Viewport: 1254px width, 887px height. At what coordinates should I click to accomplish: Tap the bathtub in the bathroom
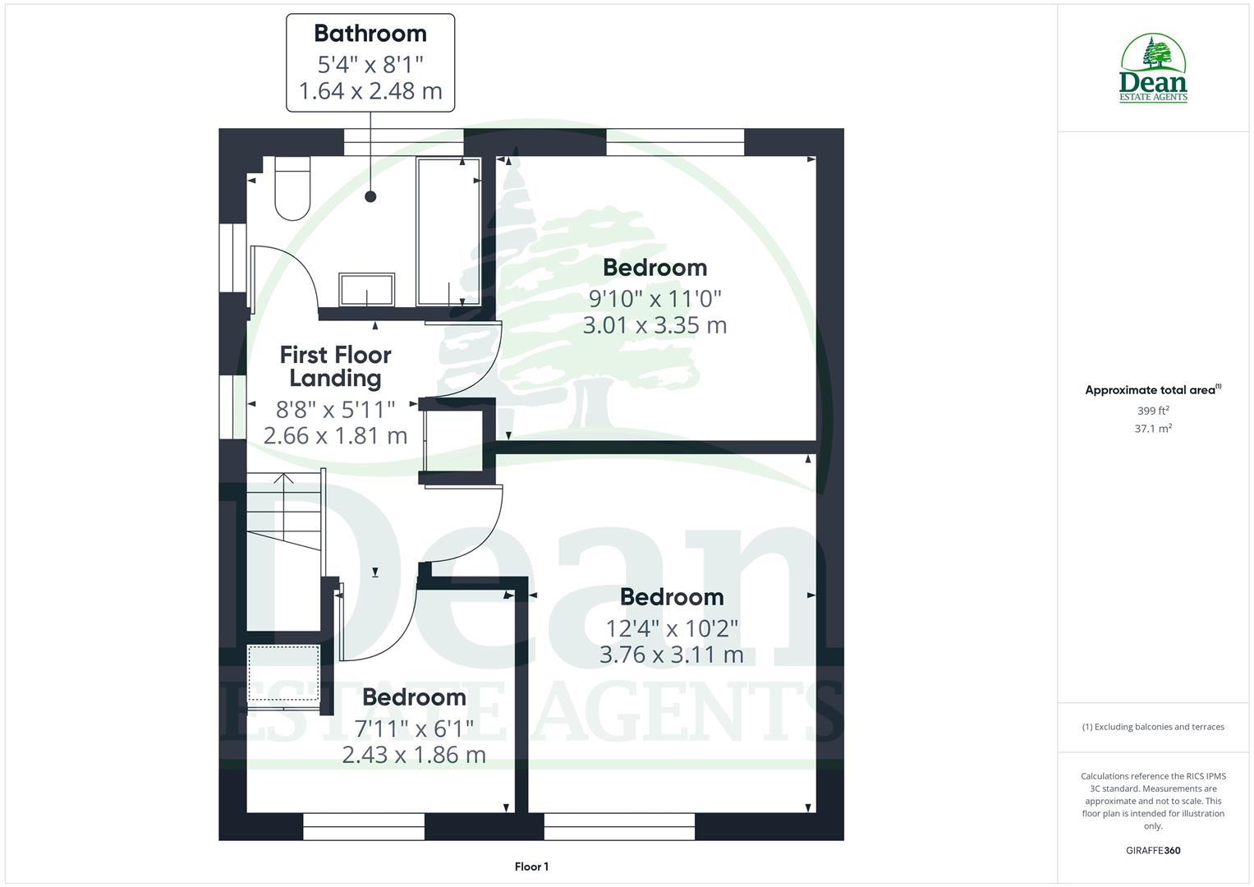tap(448, 232)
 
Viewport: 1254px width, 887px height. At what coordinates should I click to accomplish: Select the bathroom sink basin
tap(367, 290)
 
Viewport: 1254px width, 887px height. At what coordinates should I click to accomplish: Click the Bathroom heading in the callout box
tap(370, 34)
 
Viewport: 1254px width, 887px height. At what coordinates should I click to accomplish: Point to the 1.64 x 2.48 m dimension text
tap(370, 90)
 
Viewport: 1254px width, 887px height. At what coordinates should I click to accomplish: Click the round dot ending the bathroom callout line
tap(370, 196)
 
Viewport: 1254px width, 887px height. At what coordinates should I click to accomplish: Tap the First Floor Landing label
tap(335, 366)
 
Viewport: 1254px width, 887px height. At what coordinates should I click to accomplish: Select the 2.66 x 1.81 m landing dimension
tap(335, 435)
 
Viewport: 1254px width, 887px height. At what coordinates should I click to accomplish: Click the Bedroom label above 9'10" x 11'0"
tap(655, 267)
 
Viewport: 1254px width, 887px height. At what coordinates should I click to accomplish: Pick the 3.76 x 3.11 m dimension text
tap(671, 655)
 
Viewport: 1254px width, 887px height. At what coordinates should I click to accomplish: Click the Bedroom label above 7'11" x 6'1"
tap(414, 697)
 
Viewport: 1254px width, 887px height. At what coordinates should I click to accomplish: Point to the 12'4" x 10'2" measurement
tap(672, 628)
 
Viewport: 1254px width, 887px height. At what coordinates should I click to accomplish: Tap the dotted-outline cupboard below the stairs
tap(283, 673)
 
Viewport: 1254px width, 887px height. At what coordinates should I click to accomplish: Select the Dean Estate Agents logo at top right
tap(1153, 68)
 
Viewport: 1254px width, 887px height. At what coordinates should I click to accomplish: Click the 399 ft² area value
tap(1153, 411)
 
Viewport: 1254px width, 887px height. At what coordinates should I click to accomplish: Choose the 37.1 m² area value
tap(1153, 429)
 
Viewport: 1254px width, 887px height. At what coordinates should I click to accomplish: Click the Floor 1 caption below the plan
tap(531, 866)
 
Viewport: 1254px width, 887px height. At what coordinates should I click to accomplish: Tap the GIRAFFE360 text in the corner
tap(1153, 851)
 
